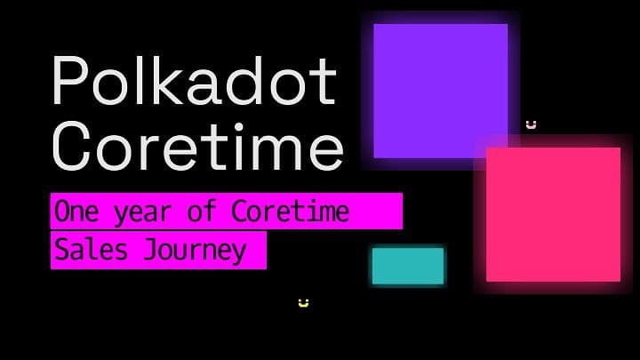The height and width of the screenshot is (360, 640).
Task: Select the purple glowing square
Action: tap(440, 91)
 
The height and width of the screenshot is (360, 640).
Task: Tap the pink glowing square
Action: tap(553, 214)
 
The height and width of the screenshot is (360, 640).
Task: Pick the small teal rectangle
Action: tap(408, 266)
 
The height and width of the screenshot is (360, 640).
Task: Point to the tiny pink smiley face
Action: tap(531, 124)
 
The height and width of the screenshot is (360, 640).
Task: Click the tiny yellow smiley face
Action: tap(303, 303)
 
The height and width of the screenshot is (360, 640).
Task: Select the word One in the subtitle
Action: tap(75, 212)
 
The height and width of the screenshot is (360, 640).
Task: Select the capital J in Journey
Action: tap(151, 250)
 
